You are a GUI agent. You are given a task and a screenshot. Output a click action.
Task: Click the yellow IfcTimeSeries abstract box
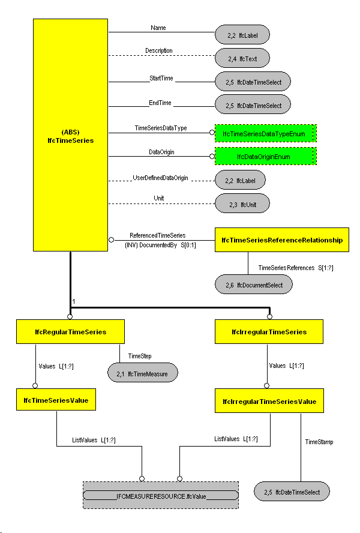[70, 134]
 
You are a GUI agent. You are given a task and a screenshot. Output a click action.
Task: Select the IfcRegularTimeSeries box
[70, 331]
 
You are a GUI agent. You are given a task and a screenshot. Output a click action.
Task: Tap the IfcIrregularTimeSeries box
[269, 331]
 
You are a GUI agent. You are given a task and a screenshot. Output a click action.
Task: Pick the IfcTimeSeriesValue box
[56, 399]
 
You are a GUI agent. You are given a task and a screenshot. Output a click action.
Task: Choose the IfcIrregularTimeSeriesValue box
[269, 401]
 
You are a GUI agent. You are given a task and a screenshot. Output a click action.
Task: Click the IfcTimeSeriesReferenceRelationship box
[282, 240]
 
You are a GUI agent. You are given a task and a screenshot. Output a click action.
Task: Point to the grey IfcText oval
[242, 58]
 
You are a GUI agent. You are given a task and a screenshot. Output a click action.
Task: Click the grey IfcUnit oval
[242, 204]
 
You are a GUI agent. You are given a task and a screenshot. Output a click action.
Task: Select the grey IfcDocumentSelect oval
[254, 285]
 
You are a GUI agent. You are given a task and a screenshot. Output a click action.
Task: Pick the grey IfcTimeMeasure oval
[143, 373]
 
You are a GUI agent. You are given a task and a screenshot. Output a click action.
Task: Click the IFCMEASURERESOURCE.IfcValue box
[160, 496]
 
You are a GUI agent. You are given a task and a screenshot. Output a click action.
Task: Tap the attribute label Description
[159, 50]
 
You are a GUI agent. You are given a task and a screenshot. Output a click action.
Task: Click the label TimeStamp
[319, 442]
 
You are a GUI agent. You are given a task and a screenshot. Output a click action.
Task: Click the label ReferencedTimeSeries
[158, 235]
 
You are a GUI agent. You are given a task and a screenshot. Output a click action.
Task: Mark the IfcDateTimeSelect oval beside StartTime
[253, 81]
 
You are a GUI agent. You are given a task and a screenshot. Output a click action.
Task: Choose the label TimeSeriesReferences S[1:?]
[295, 267]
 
